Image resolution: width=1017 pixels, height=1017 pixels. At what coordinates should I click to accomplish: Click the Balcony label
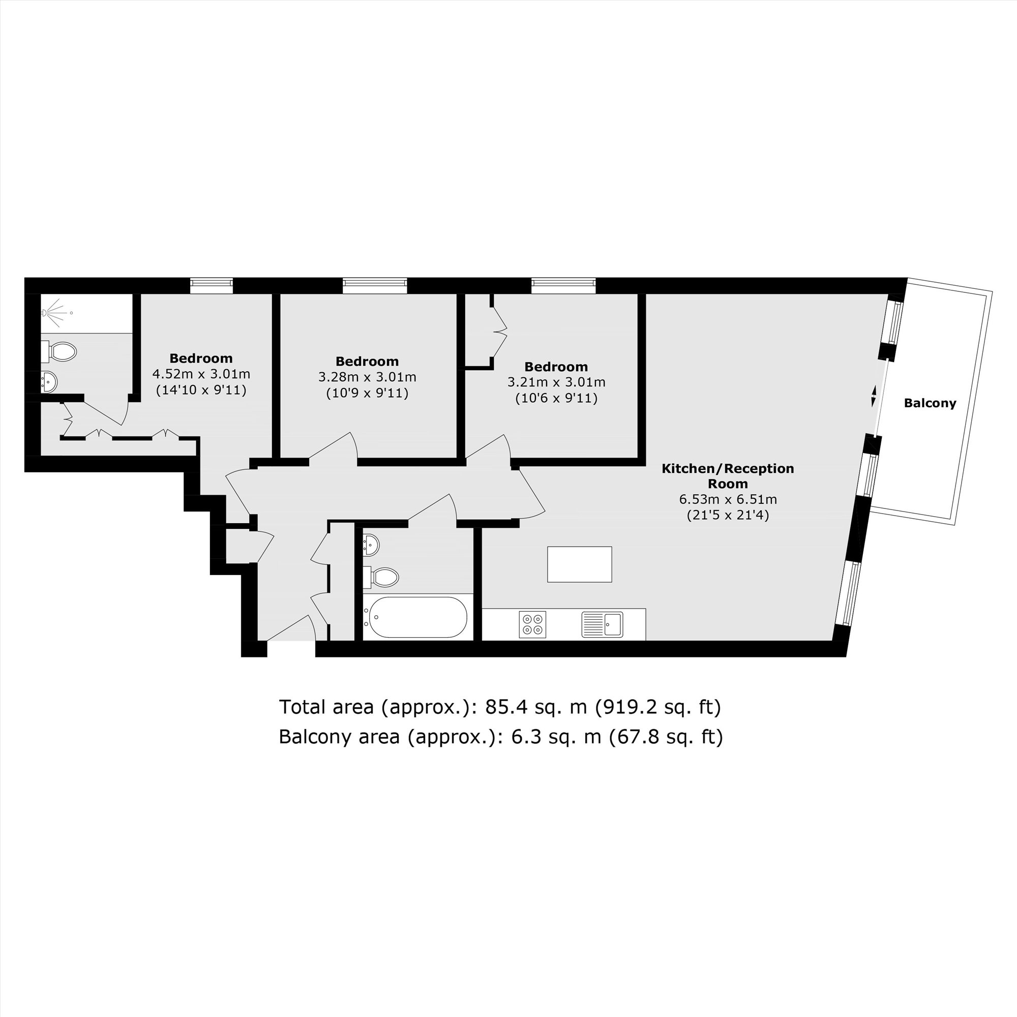tap(930, 403)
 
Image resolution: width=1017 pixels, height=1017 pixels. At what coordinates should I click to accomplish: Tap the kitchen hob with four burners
tap(532, 624)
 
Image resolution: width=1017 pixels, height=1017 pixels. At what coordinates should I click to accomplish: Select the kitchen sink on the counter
tap(602, 624)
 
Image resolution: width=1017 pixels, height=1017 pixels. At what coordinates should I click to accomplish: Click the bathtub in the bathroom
tap(417, 617)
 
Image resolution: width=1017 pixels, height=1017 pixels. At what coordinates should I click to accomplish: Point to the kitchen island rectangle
tap(579, 564)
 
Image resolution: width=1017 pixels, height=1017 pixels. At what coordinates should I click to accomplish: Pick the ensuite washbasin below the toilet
tap(48, 381)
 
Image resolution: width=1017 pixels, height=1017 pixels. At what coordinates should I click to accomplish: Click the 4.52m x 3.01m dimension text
tap(201, 375)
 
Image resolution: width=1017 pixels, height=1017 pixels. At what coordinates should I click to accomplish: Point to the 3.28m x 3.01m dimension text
tap(367, 377)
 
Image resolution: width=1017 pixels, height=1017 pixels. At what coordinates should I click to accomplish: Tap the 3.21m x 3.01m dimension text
tap(556, 383)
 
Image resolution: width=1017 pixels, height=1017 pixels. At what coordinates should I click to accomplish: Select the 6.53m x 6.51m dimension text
tap(728, 499)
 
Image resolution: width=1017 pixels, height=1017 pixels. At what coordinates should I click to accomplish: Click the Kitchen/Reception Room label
tap(728, 476)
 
